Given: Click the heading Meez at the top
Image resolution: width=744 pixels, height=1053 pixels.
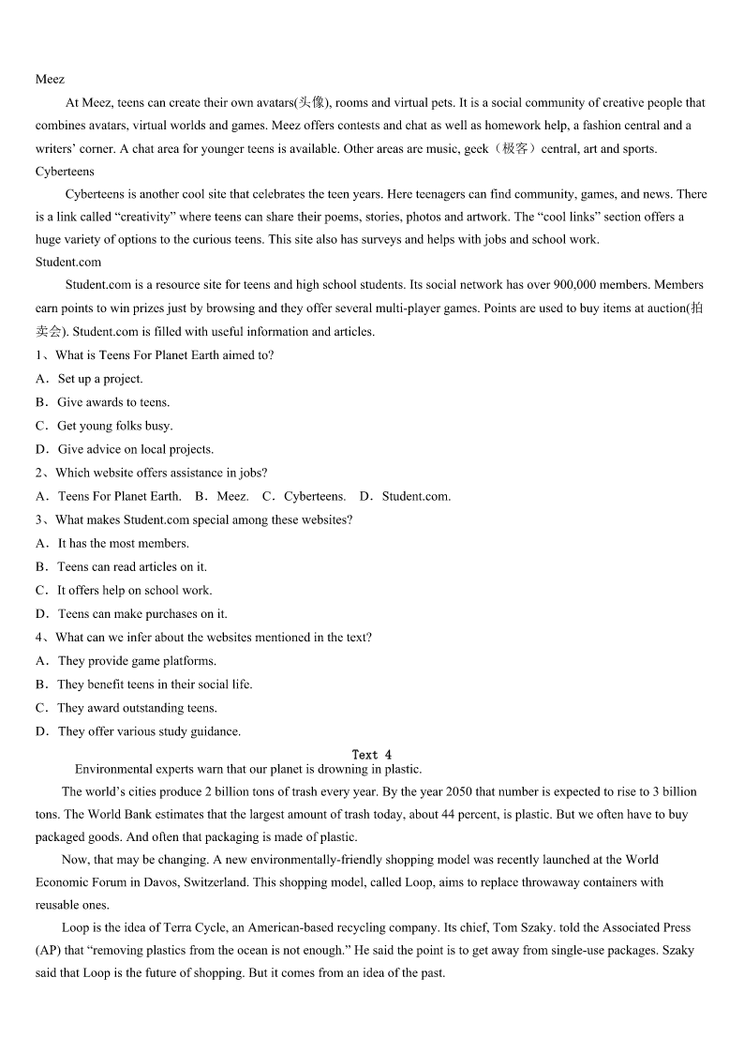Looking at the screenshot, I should click(50, 80).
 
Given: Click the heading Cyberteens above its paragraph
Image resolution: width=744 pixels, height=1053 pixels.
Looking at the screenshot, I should click(65, 172).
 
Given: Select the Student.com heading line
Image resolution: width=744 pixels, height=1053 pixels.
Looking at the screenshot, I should click(68, 262).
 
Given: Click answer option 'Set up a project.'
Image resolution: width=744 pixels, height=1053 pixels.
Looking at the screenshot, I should click(100, 379).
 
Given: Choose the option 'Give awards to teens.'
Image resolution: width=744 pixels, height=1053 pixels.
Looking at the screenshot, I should click(113, 402).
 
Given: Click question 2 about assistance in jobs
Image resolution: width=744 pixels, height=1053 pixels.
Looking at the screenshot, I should click(160, 473).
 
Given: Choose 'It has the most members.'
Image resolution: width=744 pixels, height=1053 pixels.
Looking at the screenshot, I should click(123, 543).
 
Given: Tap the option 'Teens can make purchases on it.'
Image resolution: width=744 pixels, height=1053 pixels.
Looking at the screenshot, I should click(142, 614).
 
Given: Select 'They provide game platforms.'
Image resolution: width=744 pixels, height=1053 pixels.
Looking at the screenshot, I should click(137, 661).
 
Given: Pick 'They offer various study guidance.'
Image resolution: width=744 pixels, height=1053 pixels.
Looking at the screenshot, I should click(149, 731).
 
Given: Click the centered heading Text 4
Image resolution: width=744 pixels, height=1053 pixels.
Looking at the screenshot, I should click(372, 755).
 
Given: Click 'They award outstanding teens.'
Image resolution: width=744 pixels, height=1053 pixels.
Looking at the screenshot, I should click(137, 708).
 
